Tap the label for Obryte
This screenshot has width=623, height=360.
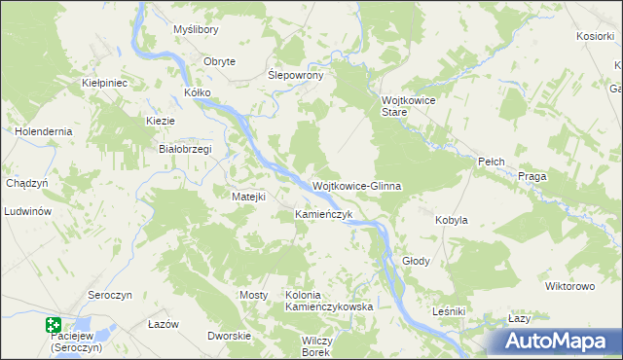(x=219, y=61)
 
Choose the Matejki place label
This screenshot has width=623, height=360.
(x=248, y=197)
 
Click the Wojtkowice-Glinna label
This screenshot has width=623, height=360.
(x=356, y=185)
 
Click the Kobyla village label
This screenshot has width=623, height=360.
(x=452, y=220)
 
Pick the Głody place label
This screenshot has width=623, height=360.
(x=416, y=262)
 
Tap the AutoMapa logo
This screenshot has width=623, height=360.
(x=560, y=341)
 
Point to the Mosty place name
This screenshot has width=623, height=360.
(x=253, y=294)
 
